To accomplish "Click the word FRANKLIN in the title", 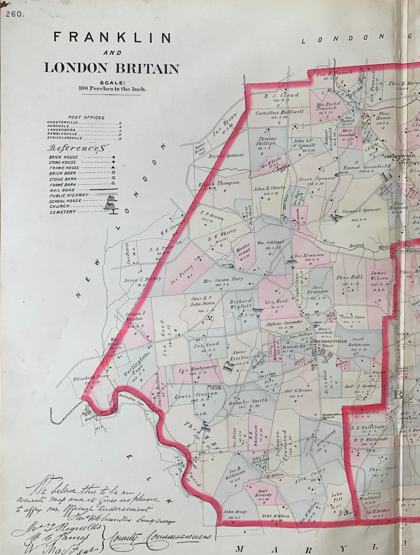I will [112, 38].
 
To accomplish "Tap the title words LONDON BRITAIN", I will [112, 68].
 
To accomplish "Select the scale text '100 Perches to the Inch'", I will [112, 89].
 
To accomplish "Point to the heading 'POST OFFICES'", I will [86, 117].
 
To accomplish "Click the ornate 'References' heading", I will [79, 148].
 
